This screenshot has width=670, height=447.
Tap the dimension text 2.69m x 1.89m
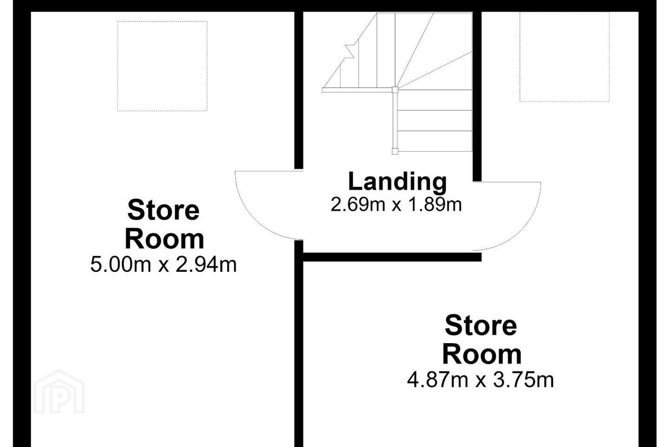pos(396,205)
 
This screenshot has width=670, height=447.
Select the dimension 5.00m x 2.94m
pos(163,264)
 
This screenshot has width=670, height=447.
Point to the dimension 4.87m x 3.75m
pos(480,380)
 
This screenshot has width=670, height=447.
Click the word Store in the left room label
pos(163,210)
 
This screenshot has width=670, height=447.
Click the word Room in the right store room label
pos(482,354)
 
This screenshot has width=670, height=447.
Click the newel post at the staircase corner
pos(395,89)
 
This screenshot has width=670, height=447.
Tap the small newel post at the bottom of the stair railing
pos(395,151)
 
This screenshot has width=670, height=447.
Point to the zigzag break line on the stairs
pos(350,51)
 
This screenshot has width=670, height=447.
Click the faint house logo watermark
pos(59,392)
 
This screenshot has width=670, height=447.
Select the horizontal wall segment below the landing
pos(392,257)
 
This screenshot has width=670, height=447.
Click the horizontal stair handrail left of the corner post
pos(357,90)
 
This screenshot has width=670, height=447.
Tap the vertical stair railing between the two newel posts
pos(395,120)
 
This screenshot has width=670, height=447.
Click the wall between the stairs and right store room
pos(477,96)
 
